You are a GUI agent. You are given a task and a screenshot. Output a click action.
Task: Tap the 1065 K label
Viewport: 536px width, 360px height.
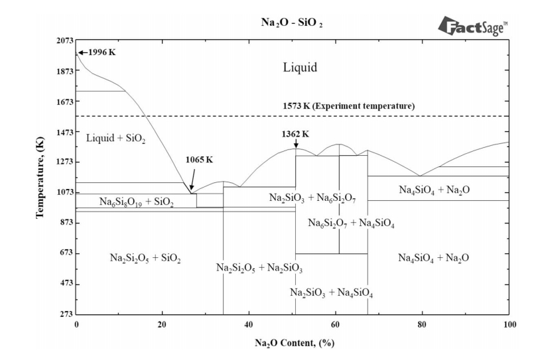pyautogui.click(x=200, y=160)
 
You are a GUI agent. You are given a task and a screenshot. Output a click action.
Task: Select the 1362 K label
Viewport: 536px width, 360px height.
pyautogui.click(x=296, y=133)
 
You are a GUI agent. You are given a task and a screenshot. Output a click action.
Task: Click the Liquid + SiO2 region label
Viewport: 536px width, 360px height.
pyautogui.click(x=116, y=137)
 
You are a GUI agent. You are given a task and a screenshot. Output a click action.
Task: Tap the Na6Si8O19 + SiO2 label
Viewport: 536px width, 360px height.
pyautogui.click(x=137, y=202)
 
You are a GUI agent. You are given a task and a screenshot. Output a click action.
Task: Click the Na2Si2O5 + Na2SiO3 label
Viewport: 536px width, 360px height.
pyautogui.click(x=259, y=268)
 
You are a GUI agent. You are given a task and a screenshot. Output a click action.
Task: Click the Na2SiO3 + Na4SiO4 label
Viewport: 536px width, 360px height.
pyautogui.click(x=331, y=292)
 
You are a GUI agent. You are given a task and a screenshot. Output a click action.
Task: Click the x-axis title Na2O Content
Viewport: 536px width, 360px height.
pyautogui.click(x=293, y=343)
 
